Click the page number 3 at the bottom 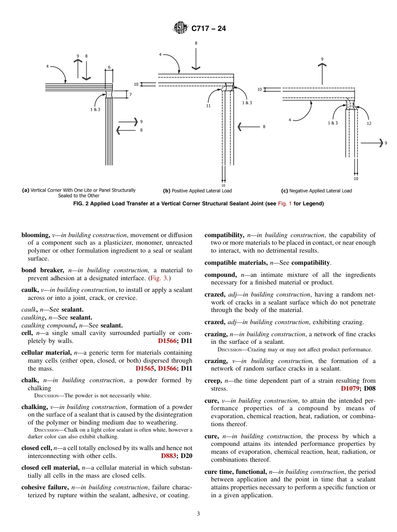pyautogui.click(x=198, y=514)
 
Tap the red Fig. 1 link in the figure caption pyautogui.click(x=285, y=204)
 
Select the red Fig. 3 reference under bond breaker pyautogui.click(x=160, y=278)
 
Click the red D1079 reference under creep pyautogui.click(x=351, y=389)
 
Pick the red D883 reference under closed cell pyautogui.click(x=169, y=456)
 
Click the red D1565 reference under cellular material pyautogui.click(x=145, y=368)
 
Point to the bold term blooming pyautogui.click(x=35, y=235)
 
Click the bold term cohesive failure pyautogui.click(x=45, y=487)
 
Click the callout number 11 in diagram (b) pyautogui.click(x=208, y=106)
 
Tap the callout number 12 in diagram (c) pyautogui.click(x=369, y=123)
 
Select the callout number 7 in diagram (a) pyautogui.click(x=130, y=95)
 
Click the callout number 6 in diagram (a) pyautogui.click(x=109, y=67)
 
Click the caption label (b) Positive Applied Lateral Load pyautogui.click(x=197, y=191)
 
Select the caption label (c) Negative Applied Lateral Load pyautogui.click(x=316, y=191)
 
